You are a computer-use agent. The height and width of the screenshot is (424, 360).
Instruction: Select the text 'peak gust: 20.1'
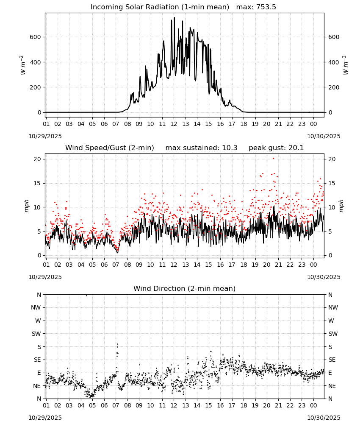coord(276,148)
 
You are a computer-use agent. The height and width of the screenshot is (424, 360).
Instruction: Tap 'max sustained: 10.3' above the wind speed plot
coord(202,148)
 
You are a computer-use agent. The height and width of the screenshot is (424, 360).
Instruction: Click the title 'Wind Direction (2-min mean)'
coord(185,288)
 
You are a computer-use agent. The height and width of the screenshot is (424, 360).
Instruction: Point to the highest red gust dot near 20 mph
coord(273,159)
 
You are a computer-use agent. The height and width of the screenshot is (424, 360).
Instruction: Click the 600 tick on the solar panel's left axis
coord(36,37)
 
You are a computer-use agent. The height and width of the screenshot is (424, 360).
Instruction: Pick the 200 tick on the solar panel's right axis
coord(334,87)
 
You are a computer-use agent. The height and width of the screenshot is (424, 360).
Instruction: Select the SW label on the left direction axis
coord(36,334)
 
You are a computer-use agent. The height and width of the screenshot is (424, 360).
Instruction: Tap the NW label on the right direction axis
coord(333,307)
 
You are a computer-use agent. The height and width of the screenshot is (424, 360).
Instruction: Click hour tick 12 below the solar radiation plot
coord(174,124)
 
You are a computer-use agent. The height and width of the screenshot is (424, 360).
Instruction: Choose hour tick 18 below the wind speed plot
coord(244,265)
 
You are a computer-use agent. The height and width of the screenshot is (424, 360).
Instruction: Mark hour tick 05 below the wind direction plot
coord(92,405)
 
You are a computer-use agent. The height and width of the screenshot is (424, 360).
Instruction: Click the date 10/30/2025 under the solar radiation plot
coord(324,136)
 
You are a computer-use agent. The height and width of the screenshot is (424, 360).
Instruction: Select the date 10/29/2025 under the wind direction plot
coord(45,418)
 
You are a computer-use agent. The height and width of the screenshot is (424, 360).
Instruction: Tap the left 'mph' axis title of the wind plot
coord(26,206)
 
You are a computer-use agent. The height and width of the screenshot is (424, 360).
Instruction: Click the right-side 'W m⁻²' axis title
coord(346,65)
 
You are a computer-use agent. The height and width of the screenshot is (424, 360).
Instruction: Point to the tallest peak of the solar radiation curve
coord(174,17)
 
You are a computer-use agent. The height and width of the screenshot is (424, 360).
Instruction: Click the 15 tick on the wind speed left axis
coord(38,183)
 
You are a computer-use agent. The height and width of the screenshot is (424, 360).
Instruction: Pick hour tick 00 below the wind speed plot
coord(313,265)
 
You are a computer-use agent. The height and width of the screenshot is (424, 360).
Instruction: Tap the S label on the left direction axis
coord(39,347)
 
